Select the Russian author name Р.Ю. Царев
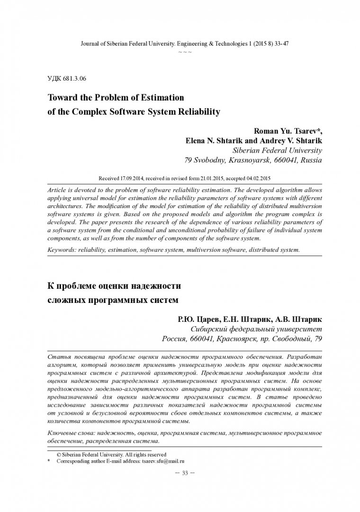(195, 319)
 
